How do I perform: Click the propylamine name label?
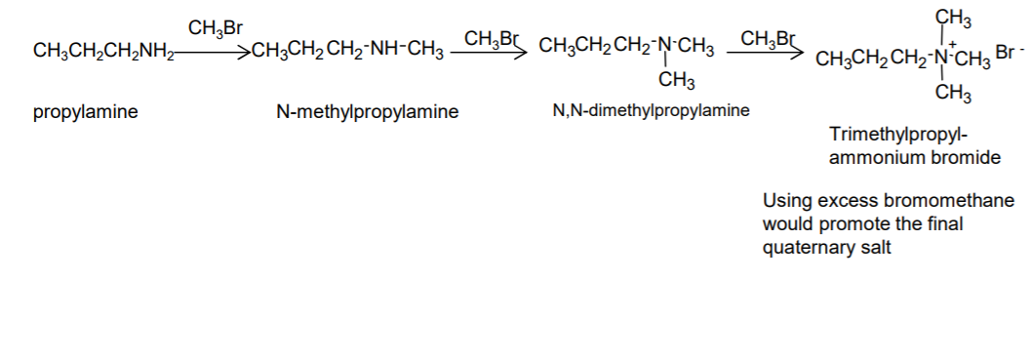(x=86, y=112)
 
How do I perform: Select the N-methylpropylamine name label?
(x=367, y=111)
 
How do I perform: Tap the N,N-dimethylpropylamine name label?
(x=651, y=110)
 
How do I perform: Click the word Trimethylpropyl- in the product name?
(x=898, y=135)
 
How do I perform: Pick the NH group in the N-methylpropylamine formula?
(x=387, y=50)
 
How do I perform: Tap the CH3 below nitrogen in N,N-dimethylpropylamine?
(x=677, y=81)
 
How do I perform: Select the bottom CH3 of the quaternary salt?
(x=953, y=93)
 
